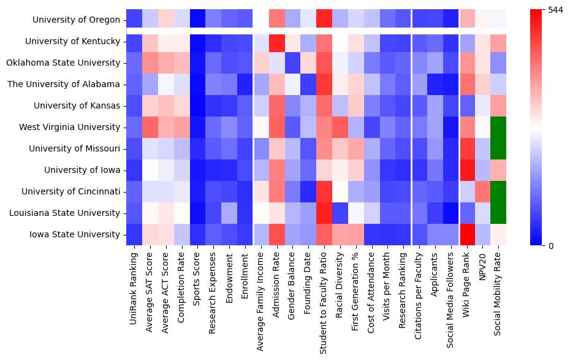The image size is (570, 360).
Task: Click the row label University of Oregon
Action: pos(77,20)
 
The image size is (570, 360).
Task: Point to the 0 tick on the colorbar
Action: pos(552,246)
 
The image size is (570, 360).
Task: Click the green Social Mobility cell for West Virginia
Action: pos(498,127)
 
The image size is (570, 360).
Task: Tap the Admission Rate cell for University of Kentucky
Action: pos(276,41)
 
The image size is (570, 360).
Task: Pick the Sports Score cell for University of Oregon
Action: pos(197,20)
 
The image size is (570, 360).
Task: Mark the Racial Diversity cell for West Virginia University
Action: pos(340,127)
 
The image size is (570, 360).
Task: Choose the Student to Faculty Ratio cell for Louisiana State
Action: pos(324,213)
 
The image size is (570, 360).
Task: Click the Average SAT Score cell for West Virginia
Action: pos(150,127)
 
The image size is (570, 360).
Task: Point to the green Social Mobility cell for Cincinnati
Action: pos(498,191)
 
